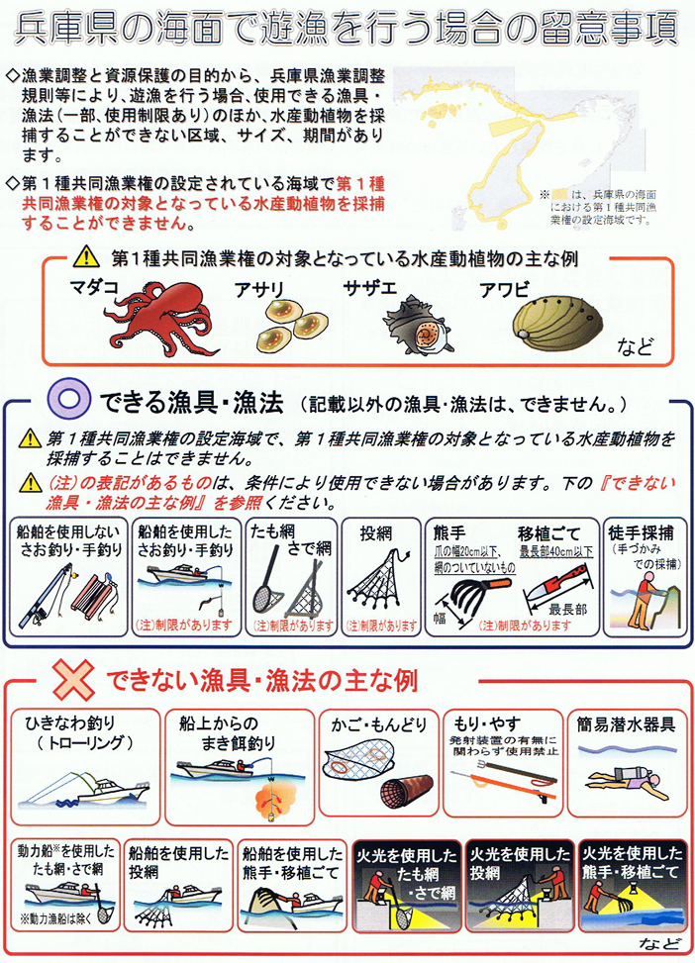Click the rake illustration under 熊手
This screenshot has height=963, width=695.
[x=458, y=592]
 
